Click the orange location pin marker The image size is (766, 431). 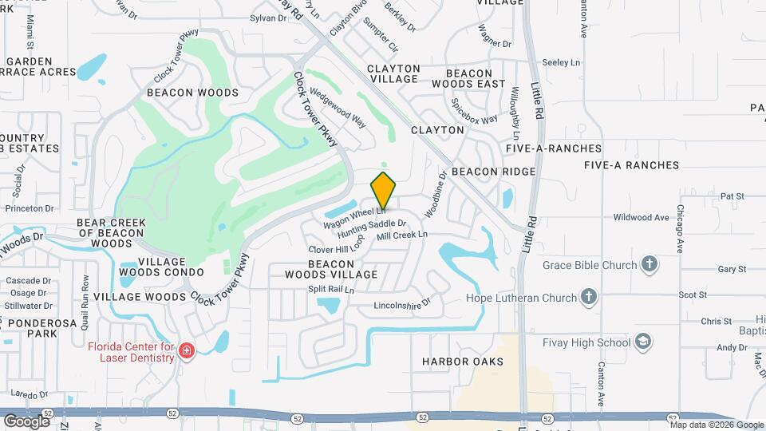click(384, 191)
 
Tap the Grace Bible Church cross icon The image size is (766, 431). click(650, 265)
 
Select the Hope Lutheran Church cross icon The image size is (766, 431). click(589, 298)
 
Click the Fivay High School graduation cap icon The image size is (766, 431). click(642, 342)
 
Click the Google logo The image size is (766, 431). click(27, 420)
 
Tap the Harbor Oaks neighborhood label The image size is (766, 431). click(463, 362)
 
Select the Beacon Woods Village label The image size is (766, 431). click(330, 269)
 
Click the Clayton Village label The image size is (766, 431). click(393, 74)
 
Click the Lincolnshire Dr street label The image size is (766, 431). click(402, 304)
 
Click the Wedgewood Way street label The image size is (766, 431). click(338, 109)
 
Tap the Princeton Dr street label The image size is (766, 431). click(29, 208)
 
